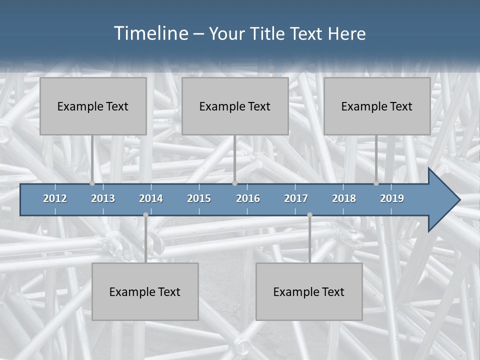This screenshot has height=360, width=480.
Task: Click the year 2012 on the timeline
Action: coord(55,198)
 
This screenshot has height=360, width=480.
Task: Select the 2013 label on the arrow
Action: coord(103,198)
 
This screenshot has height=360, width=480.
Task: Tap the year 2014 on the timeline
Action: coord(151,198)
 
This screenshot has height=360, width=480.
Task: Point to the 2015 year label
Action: coord(199,198)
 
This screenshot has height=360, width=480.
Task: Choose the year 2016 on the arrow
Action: coord(248,198)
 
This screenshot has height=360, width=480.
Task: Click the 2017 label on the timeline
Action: coord(296,198)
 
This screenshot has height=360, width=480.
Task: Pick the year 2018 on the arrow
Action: coord(344,198)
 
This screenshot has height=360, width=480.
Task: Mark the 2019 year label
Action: coord(392,198)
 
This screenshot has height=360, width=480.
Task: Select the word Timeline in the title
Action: coord(150,33)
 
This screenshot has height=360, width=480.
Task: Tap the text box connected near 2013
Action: coord(93,106)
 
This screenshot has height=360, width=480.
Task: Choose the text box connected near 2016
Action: coord(235,106)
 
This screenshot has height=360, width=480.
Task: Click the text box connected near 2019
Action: coord(377,106)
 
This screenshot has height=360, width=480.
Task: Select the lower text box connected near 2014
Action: coord(145,291)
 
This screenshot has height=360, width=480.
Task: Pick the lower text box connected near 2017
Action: coord(309,291)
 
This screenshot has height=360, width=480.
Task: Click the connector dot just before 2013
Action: coord(92,183)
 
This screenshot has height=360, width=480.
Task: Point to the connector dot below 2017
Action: coord(309,215)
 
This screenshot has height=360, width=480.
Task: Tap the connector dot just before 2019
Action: coord(376,183)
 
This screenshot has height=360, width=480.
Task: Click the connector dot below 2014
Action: coord(145,215)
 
